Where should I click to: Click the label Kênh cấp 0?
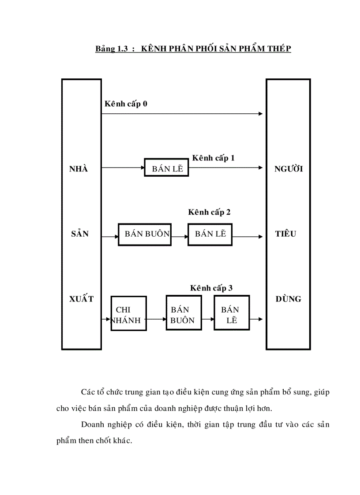pos(126,104)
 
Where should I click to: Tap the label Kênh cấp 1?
pos(213,158)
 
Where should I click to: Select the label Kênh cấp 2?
pos(209,212)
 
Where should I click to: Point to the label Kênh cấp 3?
pos(211,288)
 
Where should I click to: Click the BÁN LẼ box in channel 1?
pos(167,167)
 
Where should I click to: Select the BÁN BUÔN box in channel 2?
pos(145,234)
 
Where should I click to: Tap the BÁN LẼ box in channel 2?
pos(210,234)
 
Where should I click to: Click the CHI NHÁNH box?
pos(128,313)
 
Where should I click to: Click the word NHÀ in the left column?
pos(79,169)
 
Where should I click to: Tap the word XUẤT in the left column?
pos(82,299)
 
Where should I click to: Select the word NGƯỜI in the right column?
pos(289,169)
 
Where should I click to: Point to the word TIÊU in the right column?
pos(285,234)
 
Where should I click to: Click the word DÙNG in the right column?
pos(288,299)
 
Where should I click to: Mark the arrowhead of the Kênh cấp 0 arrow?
pos(260,114)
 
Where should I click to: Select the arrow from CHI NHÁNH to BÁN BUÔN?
pos(156,319)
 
